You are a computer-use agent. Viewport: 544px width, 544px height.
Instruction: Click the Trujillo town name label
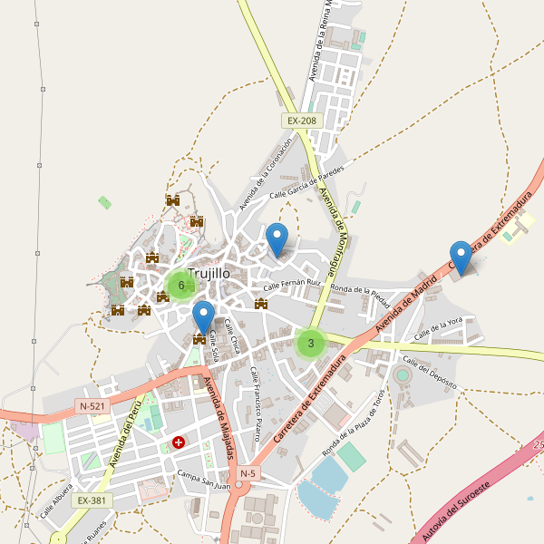[x=209, y=273]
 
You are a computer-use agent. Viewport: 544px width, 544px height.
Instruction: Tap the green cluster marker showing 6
[x=181, y=286]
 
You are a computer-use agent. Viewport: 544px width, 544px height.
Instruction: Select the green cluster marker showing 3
[x=311, y=343]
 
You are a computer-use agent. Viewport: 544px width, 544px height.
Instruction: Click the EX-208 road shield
[x=302, y=121]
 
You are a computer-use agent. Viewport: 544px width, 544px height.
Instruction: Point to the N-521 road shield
[x=92, y=406]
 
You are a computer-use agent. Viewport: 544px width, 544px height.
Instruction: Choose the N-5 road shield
[x=248, y=473]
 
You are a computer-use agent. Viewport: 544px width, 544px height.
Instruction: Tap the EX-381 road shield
[x=91, y=500]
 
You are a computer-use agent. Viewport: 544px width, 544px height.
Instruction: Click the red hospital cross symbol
[x=179, y=443]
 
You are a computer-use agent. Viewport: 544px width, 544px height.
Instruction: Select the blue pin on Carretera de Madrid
[x=461, y=257]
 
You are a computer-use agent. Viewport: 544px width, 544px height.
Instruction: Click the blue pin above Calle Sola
[x=204, y=317]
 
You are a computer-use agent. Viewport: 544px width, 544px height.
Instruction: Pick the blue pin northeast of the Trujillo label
[x=277, y=239]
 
